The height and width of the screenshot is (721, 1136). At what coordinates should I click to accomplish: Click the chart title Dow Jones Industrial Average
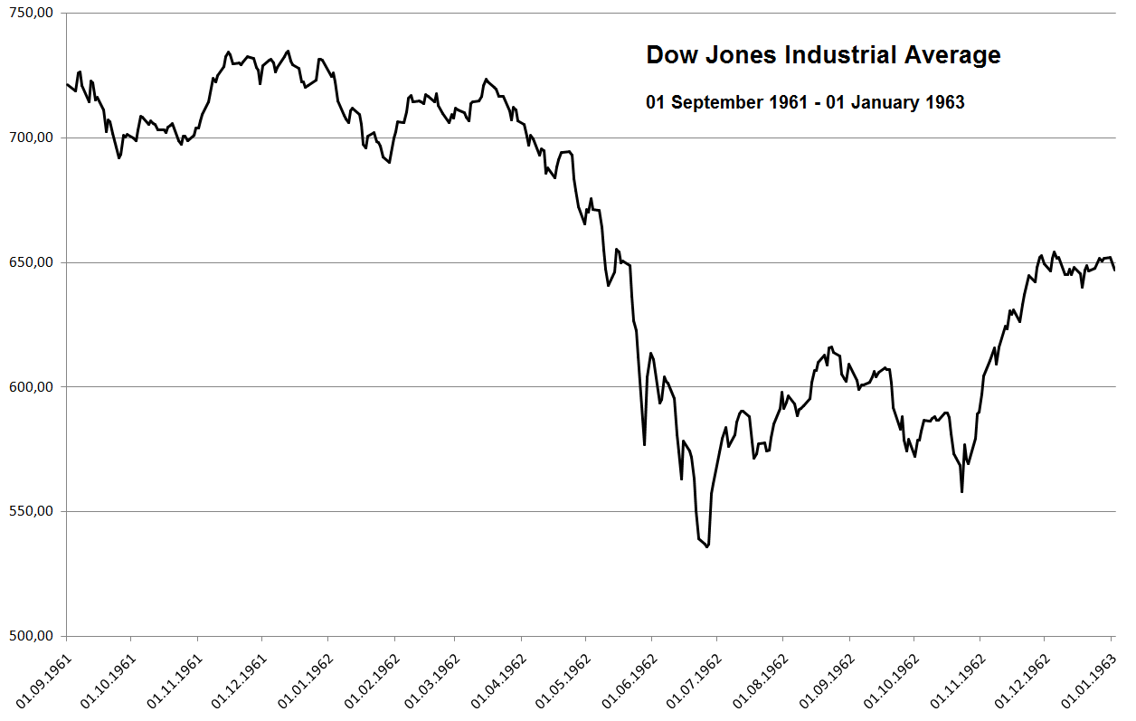pyautogui.click(x=823, y=55)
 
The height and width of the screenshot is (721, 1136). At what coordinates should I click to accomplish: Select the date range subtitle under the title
pyautogui.click(x=805, y=102)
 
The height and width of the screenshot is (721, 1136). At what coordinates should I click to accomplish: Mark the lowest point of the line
pyautogui.click(x=707, y=546)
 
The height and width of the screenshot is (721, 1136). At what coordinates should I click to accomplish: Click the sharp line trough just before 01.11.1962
pyautogui.click(x=961, y=491)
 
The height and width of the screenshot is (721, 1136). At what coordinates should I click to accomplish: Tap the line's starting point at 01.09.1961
pyautogui.click(x=67, y=84)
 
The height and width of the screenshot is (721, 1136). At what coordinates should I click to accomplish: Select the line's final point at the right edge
pyautogui.click(x=1114, y=270)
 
